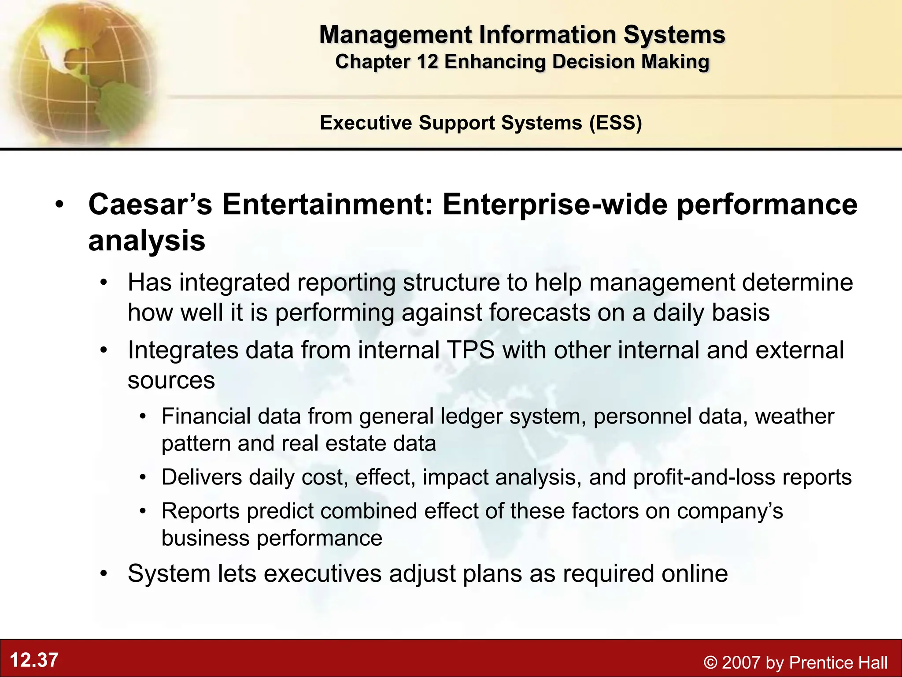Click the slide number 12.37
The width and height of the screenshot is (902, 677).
coord(34,660)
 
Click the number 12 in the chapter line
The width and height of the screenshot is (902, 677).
coord(427,62)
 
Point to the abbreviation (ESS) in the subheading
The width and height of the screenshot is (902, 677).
coord(616,123)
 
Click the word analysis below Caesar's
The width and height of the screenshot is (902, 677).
coord(147,241)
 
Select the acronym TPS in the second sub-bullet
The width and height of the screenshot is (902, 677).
coord(471,350)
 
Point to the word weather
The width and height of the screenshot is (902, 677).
coord(794,417)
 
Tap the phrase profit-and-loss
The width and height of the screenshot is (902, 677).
coord(704,477)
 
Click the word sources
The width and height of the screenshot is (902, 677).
coord(171,380)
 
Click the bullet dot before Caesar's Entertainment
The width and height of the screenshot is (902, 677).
coord(60,205)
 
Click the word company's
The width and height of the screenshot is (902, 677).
coord(730,511)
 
